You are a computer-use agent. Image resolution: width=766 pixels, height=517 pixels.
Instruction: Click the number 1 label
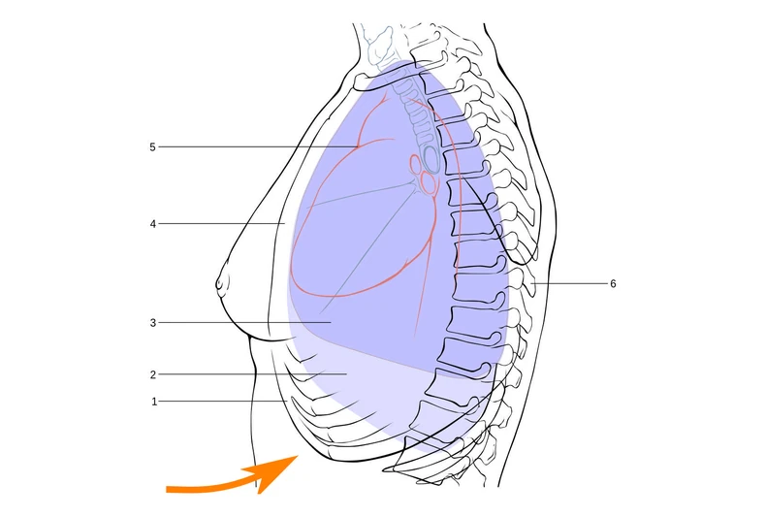point(154,402)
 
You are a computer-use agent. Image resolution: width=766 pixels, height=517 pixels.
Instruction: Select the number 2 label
point(153,374)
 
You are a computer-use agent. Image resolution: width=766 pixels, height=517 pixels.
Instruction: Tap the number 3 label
point(153,323)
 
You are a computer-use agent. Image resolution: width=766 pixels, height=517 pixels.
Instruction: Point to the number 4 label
point(153,224)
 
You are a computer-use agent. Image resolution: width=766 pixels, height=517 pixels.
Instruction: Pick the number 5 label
point(152,147)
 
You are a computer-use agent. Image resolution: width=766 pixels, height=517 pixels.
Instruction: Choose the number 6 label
point(613,284)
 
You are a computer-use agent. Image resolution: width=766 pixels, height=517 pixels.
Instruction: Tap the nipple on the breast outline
point(221,283)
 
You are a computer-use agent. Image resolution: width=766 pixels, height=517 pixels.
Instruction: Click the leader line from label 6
point(569,283)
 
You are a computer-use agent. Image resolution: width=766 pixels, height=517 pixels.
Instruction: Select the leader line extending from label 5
point(258,146)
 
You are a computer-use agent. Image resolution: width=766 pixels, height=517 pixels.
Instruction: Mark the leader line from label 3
point(244,322)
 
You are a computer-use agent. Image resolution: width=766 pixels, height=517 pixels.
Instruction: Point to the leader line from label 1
point(223,402)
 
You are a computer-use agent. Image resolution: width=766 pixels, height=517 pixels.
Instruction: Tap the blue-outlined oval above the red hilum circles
point(431,156)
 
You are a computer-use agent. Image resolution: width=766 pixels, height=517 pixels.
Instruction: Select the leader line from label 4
point(222,224)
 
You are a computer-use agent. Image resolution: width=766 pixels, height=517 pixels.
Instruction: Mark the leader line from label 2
point(252,374)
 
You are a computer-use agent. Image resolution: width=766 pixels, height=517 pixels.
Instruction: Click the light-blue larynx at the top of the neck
point(380,45)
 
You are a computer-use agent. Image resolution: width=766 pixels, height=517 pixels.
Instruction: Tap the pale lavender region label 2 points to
point(362,376)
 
